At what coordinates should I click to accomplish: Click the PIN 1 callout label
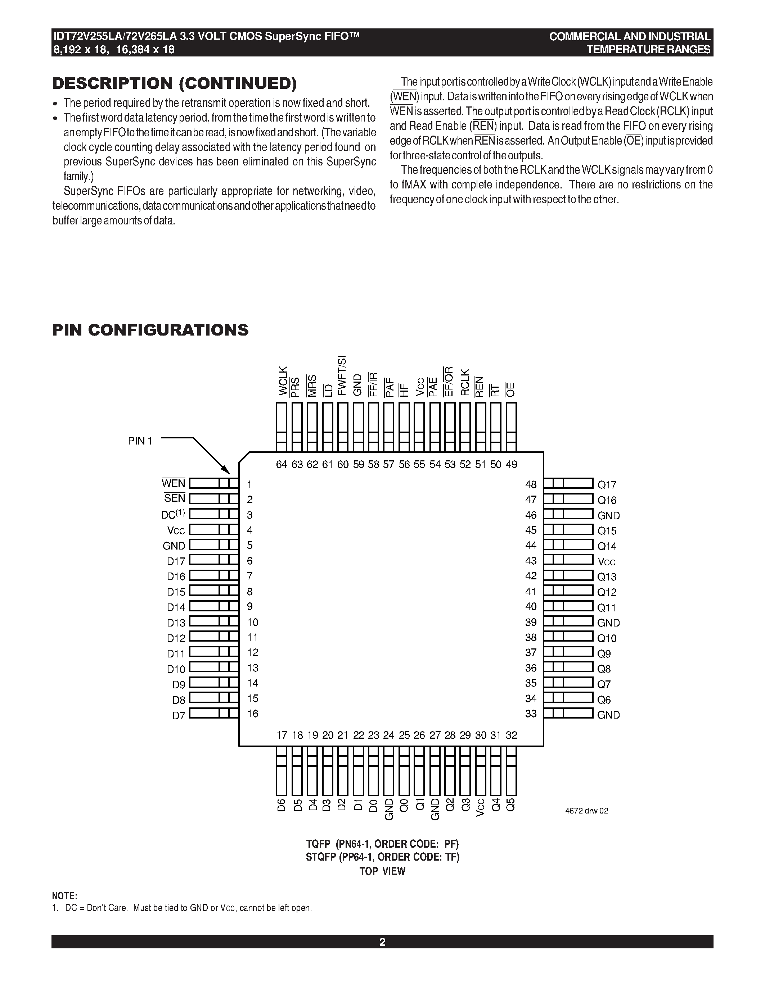(140, 441)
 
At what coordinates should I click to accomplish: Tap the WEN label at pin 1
(174, 484)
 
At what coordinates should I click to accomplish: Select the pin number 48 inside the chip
(531, 484)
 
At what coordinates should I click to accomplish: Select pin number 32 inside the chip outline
(511, 735)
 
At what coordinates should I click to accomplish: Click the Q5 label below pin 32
(511, 805)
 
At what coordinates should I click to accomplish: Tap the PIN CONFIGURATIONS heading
(150, 330)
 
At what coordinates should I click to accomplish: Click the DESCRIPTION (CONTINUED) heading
(175, 83)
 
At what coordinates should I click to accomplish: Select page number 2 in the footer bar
(382, 942)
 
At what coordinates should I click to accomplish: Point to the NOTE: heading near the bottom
(64, 896)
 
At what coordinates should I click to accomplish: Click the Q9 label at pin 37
(604, 654)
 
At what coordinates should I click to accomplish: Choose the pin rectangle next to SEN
(213, 499)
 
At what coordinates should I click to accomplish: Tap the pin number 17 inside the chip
(282, 735)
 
